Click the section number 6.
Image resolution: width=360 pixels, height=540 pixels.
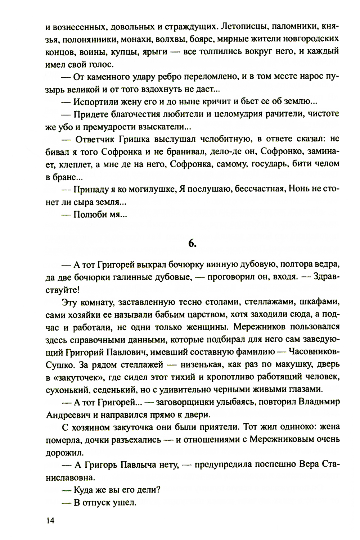tap(192, 243)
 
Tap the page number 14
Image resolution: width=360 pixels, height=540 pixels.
tap(50, 520)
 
